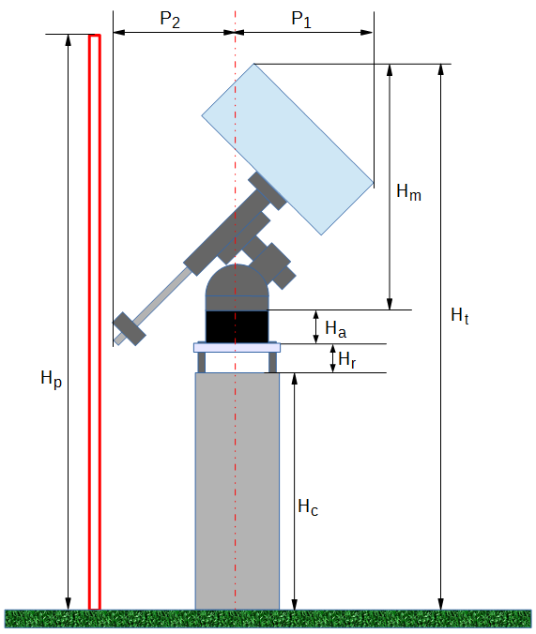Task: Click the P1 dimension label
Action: pos(301,20)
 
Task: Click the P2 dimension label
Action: pos(170,20)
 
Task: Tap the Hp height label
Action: pos(51,379)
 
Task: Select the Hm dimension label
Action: pos(408,191)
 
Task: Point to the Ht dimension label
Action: pos(460,315)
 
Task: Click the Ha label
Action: pos(336,328)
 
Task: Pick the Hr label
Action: pos(347,359)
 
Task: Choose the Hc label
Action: pos(308,506)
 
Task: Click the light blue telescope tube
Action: pos(287,149)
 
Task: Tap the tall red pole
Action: pos(94,322)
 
